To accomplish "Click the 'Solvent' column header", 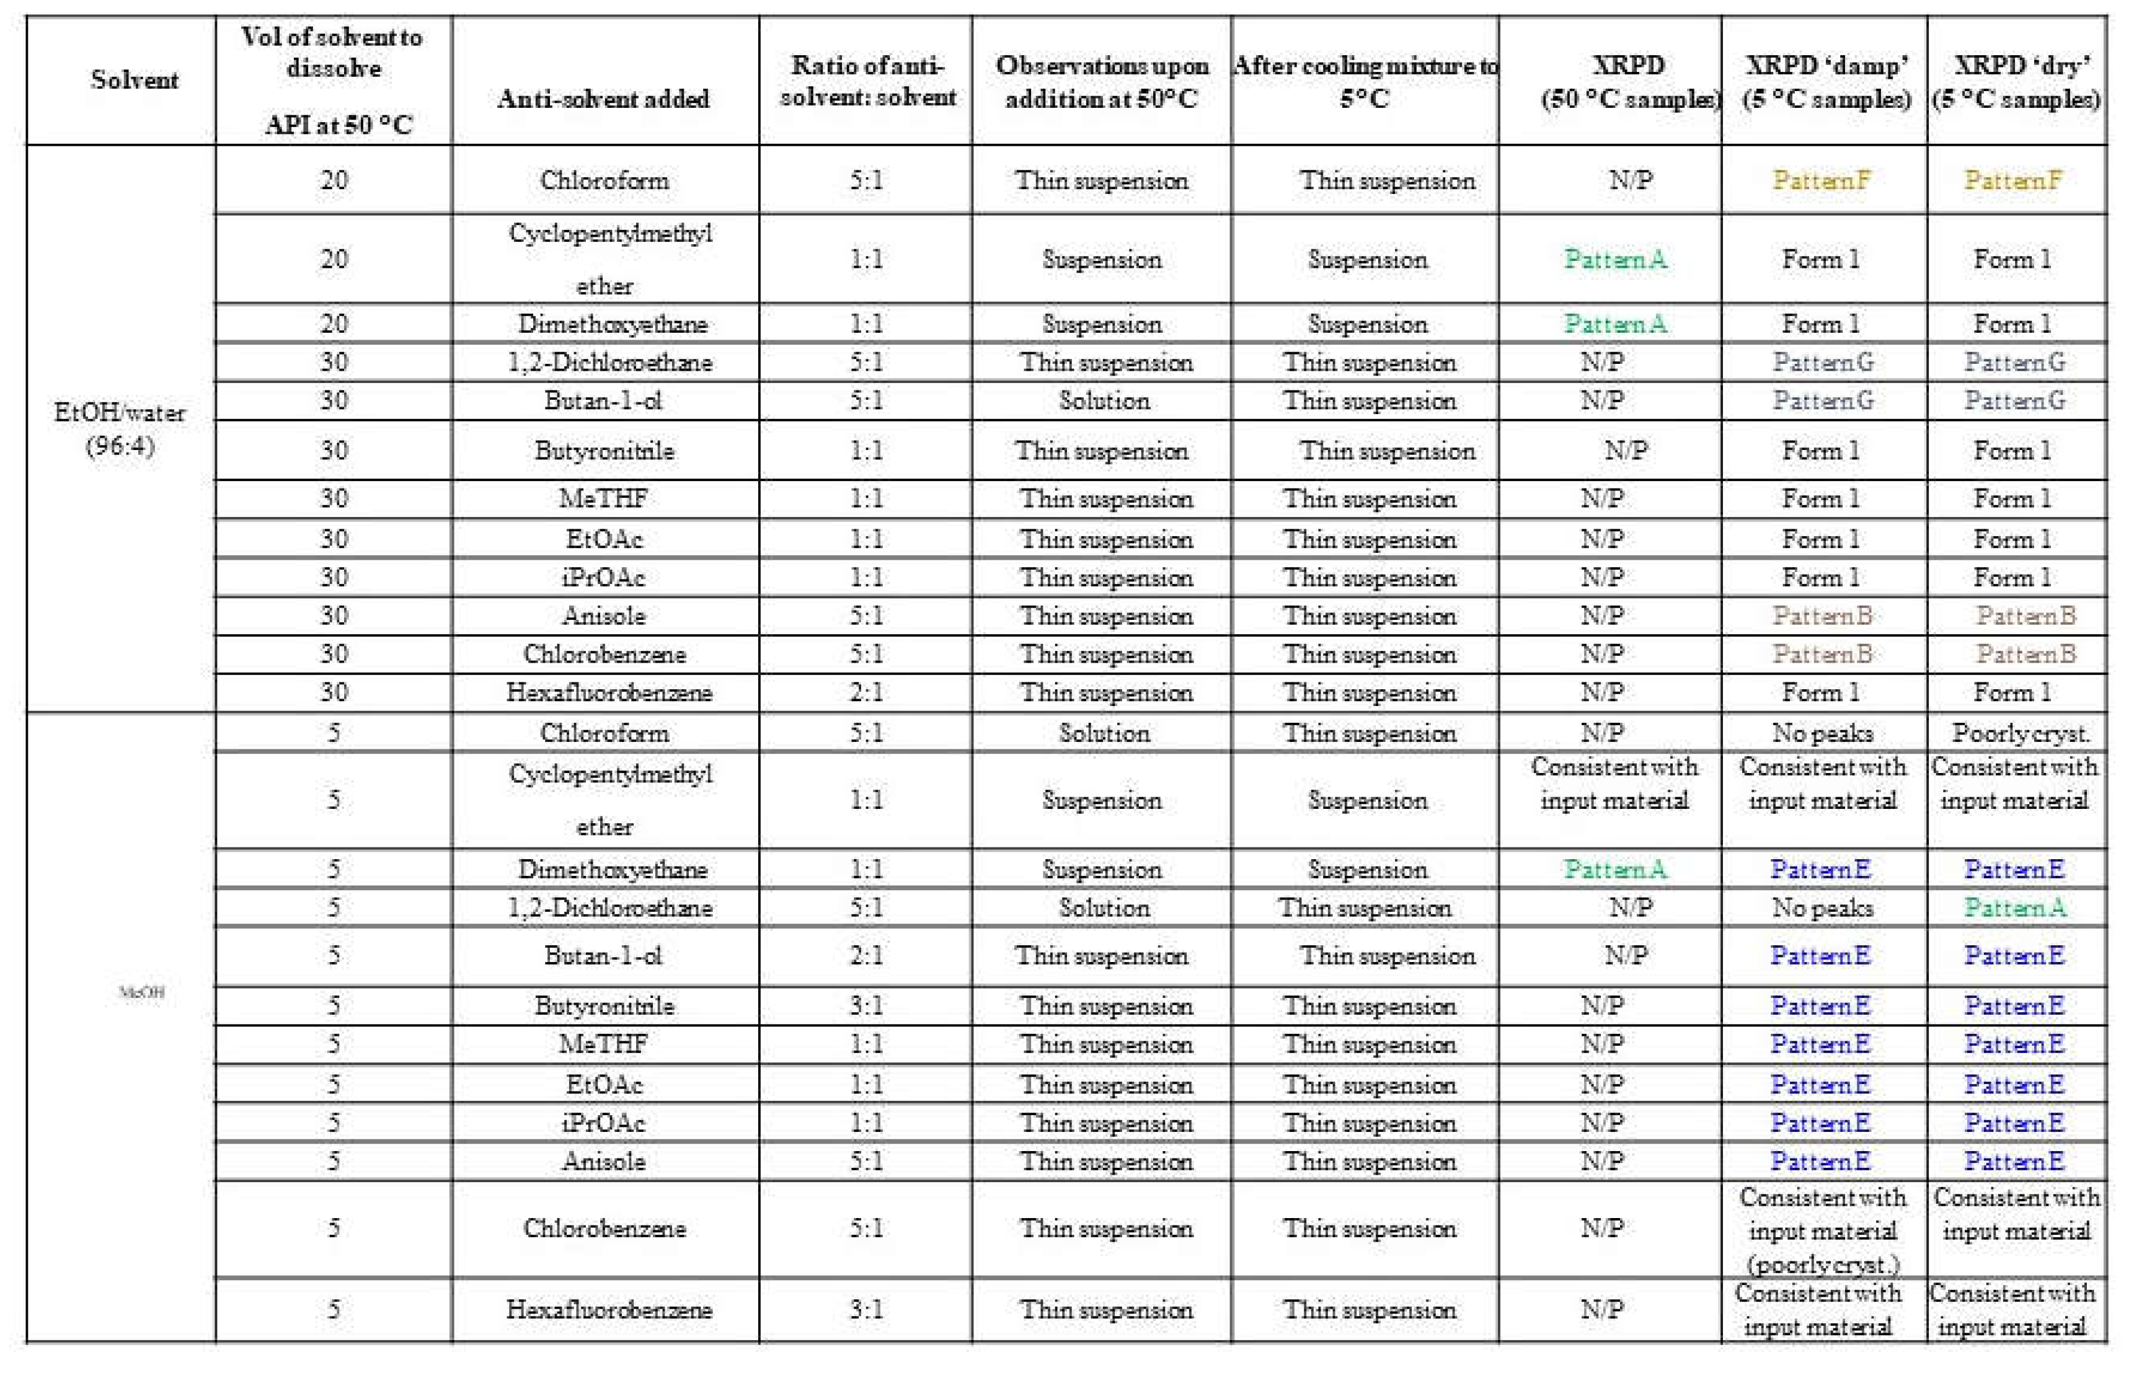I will point(134,79).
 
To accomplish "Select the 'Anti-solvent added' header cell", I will point(604,98).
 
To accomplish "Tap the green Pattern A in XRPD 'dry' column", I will point(2014,907).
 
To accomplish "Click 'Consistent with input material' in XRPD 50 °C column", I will point(1614,783).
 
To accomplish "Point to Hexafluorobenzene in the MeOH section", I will point(608,1310).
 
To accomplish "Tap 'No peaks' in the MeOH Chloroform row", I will point(1822,733).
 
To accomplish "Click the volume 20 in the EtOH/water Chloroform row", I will point(334,180).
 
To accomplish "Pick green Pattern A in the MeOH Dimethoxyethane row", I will point(1615,869).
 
